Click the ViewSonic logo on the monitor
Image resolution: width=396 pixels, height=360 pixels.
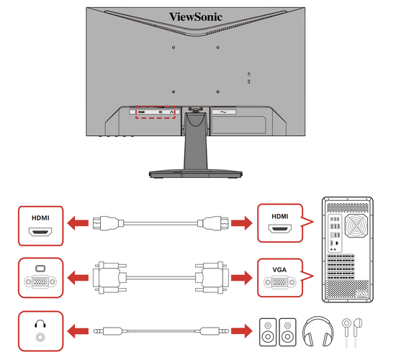[x=196, y=17]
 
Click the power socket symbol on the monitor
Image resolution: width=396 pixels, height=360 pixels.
[x=223, y=112]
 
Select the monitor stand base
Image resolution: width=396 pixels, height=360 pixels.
[x=196, y=174]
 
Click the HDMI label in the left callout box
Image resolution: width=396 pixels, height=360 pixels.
[x=40, y=217]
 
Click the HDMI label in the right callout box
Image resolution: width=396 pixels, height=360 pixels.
[x=280, y=216]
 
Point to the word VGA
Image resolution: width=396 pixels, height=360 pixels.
[x=279, y=270]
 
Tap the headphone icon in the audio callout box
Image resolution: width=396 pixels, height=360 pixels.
[x=40, y=323]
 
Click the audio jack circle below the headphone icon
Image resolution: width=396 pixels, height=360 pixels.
[x=40, y=337]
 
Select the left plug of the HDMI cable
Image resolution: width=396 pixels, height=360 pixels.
[x=108, y=223]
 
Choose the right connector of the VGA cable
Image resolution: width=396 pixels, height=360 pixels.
[x=212, y=278]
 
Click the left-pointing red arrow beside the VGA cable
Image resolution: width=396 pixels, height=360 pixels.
[x=78, y=278]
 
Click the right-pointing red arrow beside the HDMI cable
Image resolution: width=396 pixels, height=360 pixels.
[x=242, y=223]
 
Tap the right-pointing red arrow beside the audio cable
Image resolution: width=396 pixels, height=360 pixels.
[x=242, y=331]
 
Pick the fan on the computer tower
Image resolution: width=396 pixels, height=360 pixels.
[x=356, y=225]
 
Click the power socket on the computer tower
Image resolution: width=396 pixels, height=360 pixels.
[x=362, y=294]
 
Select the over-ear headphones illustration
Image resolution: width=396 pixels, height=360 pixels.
[x=318, y=331]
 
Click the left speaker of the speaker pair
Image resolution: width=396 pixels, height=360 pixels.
[x=268, y=332]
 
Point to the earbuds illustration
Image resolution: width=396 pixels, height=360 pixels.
[x=352, y=332]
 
